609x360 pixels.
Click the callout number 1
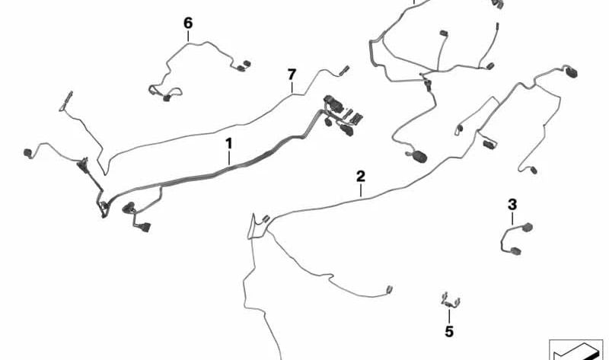click(x=227, y=142)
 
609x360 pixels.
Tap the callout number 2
click(x=361, y=176)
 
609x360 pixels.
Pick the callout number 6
click(x=188, y=23)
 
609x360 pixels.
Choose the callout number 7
click(x=291, y=74)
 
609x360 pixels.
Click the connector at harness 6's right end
click(x=245, y=66)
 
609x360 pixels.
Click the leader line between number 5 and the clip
click(x=449, y=316)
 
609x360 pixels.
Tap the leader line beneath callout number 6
click(x=188, y=36)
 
